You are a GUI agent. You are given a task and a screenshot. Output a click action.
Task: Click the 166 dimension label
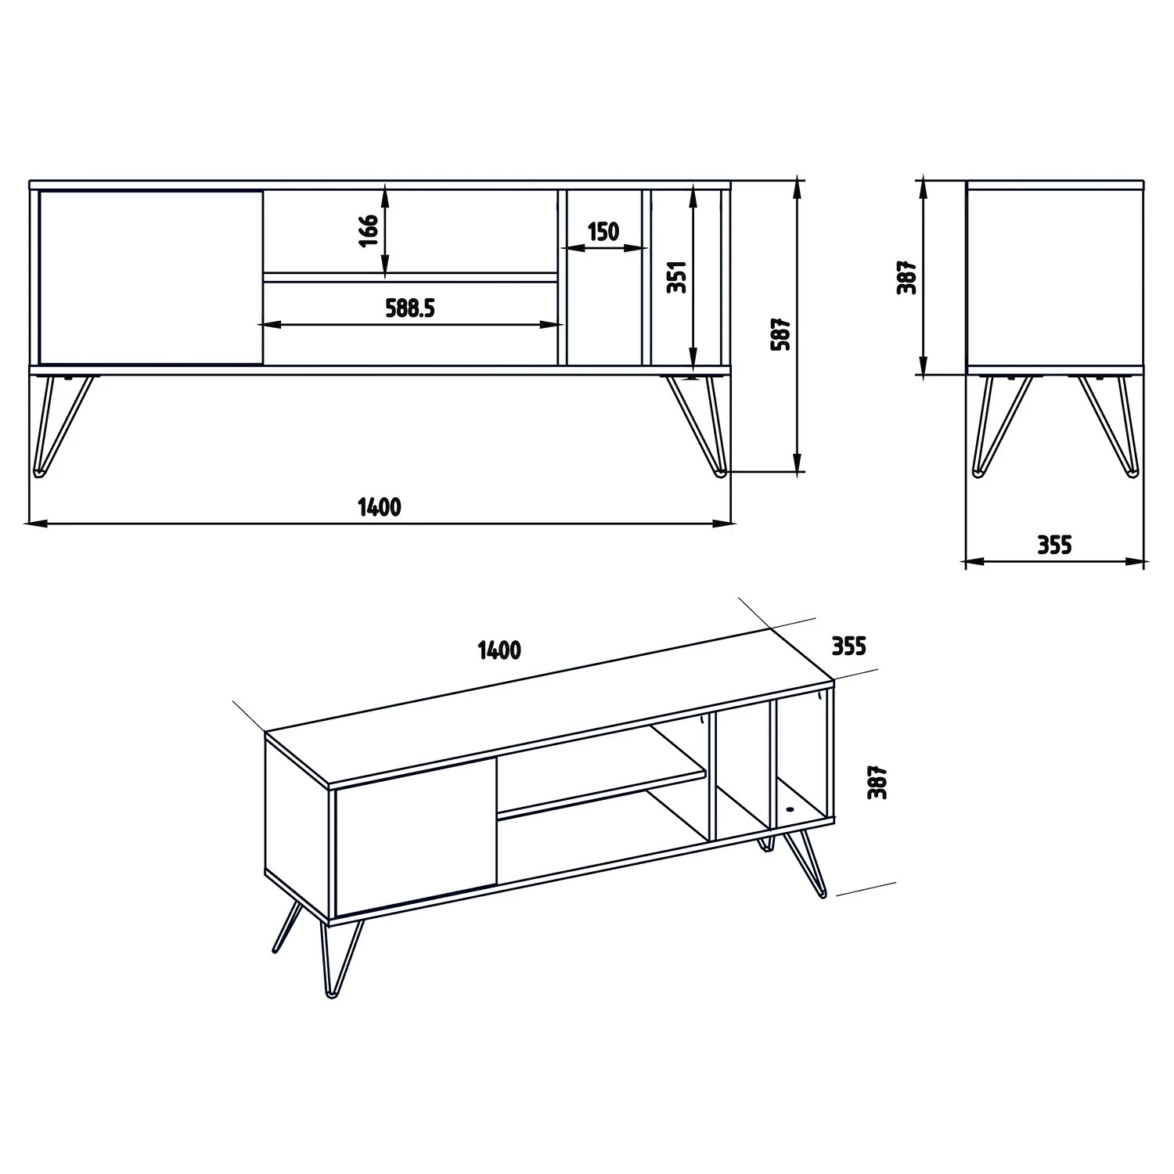[369, 230]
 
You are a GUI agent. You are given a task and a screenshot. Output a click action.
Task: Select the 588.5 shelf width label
[409, 308]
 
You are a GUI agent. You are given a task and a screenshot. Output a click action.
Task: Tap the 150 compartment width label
[603, 232]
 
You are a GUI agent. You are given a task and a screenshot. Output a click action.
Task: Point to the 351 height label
[678, 276]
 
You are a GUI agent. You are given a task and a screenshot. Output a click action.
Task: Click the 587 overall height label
[781, 334]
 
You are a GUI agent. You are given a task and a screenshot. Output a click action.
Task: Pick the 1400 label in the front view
[380, 507]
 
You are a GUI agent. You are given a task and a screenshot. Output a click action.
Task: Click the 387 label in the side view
[906, 276]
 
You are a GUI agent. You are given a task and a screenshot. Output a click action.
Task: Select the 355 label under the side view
[1053, 544]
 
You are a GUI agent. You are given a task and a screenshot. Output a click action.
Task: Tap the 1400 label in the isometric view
[499, 650]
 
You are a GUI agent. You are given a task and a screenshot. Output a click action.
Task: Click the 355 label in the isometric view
[848, 646]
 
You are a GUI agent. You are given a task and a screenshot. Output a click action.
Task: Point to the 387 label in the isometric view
[879, 781]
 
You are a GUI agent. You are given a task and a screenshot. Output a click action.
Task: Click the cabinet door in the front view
[150, 277]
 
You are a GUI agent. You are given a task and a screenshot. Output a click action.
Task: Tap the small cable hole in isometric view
[789, 810]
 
